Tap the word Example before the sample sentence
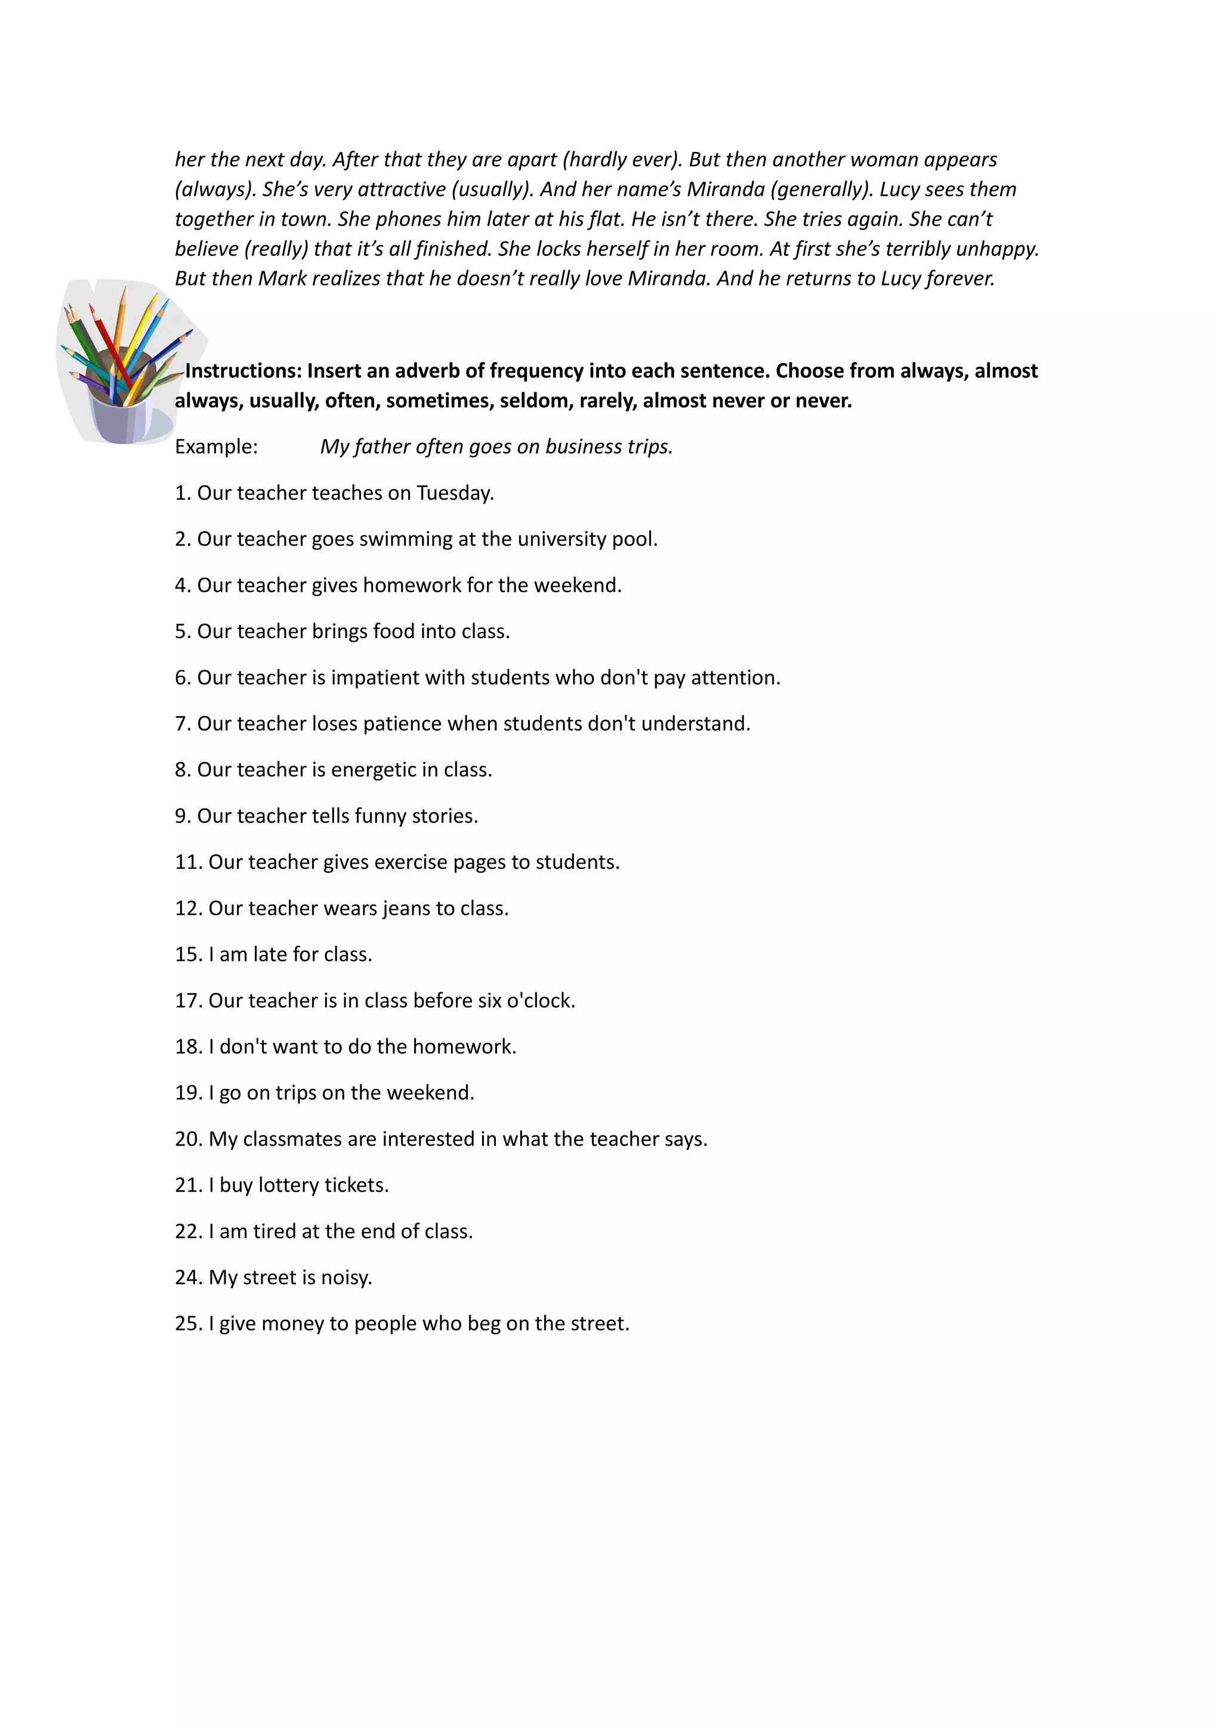pos(216,447)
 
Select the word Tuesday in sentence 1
pos(455,493)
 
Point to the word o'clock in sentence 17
pos(542,1001)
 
